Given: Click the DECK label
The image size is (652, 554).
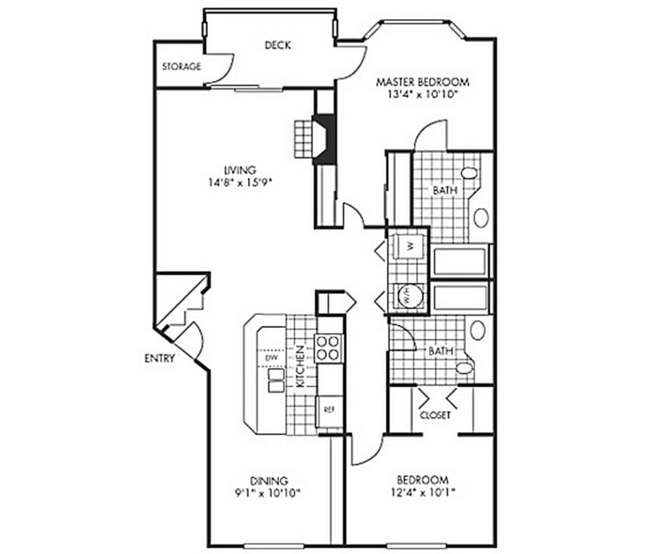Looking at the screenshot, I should tap(278, 45).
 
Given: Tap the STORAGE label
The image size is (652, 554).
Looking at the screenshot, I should tap(181, 66).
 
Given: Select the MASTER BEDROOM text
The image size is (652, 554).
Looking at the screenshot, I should tap(422, 82).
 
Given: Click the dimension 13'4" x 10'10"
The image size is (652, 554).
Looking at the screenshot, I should tap(422, 94).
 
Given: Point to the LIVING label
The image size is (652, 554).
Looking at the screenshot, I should tap(238, 171).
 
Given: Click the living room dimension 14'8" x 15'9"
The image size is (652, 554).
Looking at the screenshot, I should tap(238, 183).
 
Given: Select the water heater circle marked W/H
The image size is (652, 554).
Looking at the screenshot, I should tap(407, 296).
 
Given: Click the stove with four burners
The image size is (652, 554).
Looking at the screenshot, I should tap(328, 348).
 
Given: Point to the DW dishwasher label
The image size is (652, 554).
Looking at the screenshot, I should tap(270, 359).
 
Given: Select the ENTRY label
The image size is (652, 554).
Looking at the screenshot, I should tap(160, 358).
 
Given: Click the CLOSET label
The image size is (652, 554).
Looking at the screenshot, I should tap(434, 415).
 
